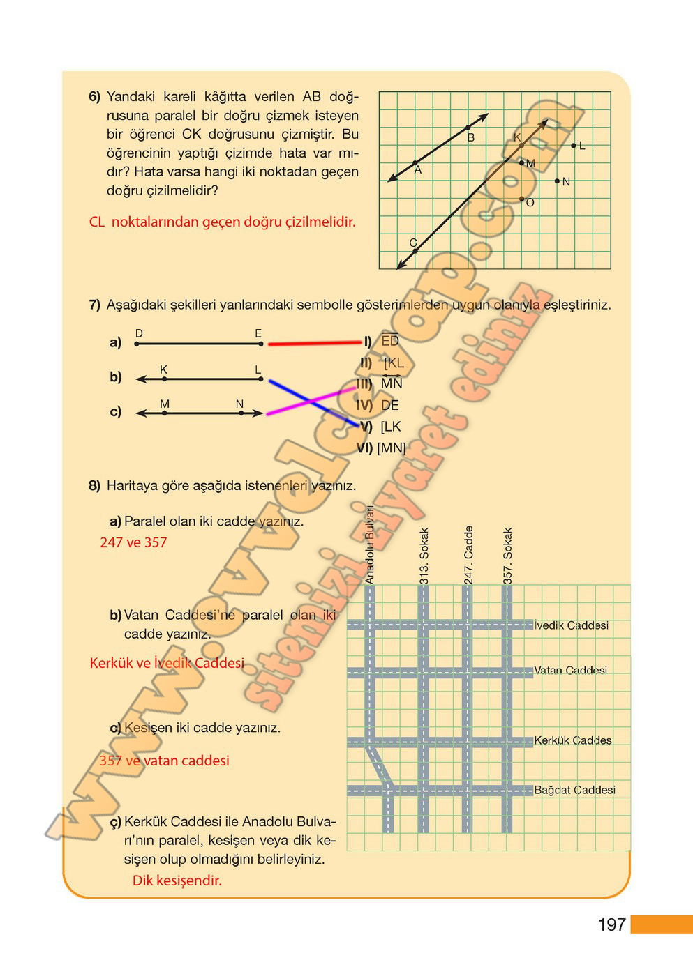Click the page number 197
[611, 924]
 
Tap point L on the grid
[574, 146]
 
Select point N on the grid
[557, 181]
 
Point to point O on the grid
[522, 199]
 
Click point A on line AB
[415, 163]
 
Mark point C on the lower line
[415, 251]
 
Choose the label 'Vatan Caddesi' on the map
[570, 670]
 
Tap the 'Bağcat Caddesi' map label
[574, 790]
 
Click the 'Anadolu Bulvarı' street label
[370, 544]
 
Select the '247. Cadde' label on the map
[469, 554]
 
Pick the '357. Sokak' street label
[508, 555]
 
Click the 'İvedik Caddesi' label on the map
[571, 625]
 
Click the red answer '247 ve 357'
[133, 542]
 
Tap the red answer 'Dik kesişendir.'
[177, 880]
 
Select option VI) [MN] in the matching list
[381, 448]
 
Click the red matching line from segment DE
[314, 342]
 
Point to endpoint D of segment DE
[137, 344]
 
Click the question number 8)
[94, 486]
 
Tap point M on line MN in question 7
[165, 413]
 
